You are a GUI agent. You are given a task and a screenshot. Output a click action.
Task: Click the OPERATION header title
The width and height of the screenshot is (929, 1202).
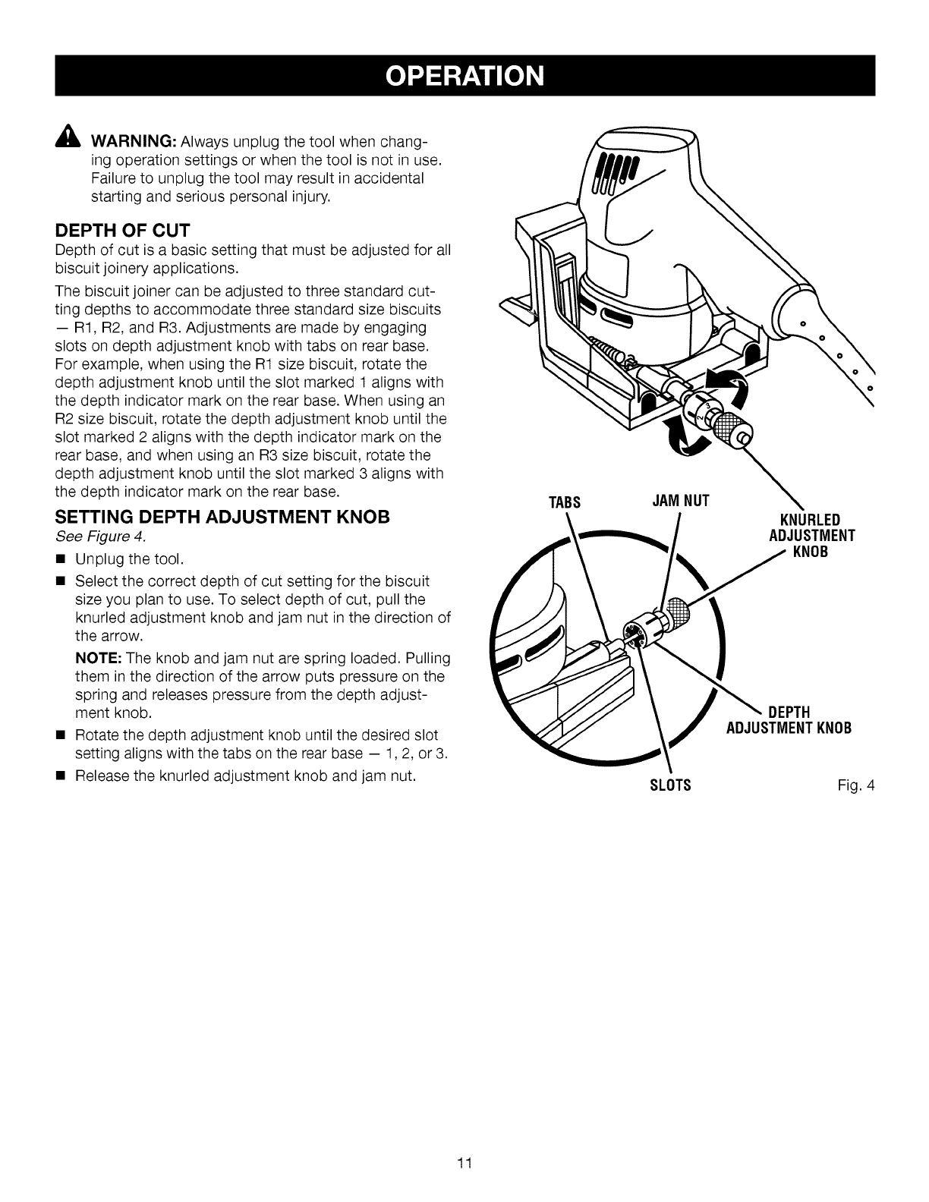[464, 76]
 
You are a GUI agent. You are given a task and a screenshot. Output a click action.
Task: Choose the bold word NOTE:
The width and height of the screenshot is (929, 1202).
[95, 656]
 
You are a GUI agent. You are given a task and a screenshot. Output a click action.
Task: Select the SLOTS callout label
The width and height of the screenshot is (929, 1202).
[671, 785]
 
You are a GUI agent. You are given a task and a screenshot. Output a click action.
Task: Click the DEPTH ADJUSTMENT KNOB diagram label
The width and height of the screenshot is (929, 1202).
[789, 720]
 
